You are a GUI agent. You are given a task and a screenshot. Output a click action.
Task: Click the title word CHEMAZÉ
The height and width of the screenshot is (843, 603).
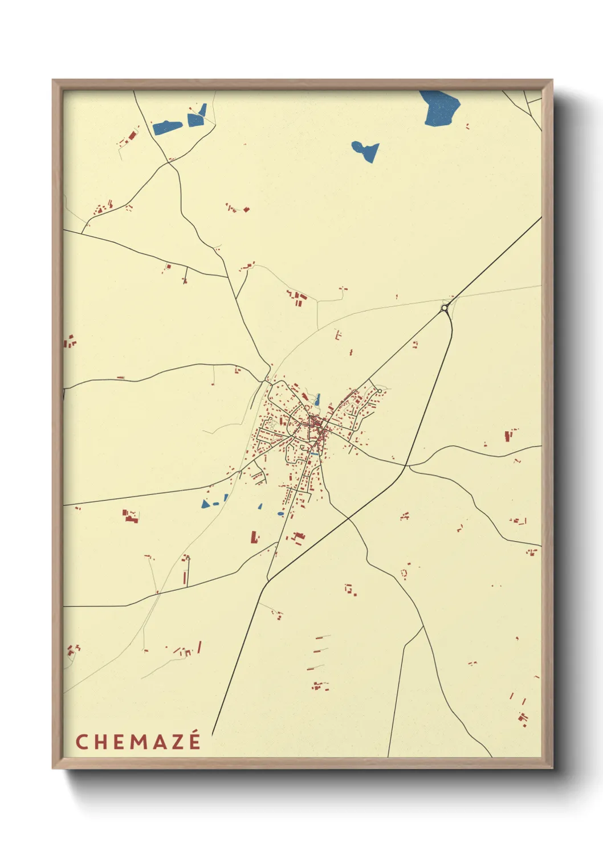click(x=138, y=742)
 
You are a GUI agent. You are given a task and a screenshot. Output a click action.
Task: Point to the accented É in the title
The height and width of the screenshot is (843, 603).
click(x=194, y=740)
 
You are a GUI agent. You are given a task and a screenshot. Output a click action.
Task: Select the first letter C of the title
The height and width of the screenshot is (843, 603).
click(x=82, y=742)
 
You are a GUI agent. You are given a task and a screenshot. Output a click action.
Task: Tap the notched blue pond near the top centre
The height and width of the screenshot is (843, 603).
click(x=366, y=151)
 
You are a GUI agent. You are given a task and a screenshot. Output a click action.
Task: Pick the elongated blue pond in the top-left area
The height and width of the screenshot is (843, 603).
click(x=167, y=127)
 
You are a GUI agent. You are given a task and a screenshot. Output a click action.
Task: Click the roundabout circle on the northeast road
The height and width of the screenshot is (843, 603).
click(x=444, y=308)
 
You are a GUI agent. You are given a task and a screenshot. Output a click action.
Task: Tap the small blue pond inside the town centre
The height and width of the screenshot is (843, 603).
click(x=317, y=400)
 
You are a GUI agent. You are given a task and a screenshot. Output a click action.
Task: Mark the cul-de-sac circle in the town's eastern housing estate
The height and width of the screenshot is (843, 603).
click(x=380, y=391)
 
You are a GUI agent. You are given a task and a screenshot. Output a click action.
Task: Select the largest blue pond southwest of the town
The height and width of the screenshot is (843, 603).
click(x=206, y=504)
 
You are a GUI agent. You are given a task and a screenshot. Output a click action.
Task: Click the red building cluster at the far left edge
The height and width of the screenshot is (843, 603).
click(x=69, y=342)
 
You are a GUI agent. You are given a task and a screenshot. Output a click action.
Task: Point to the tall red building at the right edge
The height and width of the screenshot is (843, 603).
click(x=507, y=436)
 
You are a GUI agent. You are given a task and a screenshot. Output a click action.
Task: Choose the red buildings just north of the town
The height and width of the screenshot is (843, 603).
click(x=298, y=298)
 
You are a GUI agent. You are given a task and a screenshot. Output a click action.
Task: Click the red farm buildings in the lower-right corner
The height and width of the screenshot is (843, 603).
click(x=523, y=717)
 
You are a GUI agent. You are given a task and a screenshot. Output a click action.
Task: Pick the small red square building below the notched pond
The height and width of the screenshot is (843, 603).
click(x=246, y=210)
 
